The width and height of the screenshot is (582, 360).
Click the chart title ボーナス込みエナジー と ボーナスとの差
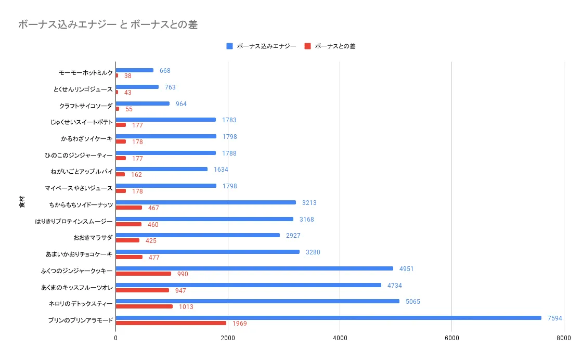[x=108, y=24]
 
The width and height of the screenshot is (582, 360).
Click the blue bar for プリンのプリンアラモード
[x=328, y=318]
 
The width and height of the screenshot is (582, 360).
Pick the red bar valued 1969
[x=171, y=323]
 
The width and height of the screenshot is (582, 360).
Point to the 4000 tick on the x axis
[x=340, y=338]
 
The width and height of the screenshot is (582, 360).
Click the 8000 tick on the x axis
[x=563, y=338]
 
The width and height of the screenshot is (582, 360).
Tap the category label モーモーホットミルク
[x=86, y=73]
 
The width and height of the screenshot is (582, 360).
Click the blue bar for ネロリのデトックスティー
[x=257, y=301]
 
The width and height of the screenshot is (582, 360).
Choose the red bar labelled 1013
[x=144, y=306]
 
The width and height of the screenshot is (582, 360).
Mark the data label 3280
[x=313, y=252]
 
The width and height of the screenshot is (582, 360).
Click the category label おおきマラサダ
[x=93, y=238]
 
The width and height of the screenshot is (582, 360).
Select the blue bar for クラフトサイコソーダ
[x=143, y=104]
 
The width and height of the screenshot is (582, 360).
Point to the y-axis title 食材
[x=21, y=202]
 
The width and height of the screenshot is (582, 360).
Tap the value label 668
[x=165, y=71]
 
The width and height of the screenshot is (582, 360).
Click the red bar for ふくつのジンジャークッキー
[x=143, y=274]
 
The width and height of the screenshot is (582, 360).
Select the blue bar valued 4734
[x=249, y=285]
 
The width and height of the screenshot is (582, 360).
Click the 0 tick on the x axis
[x=115, y=338]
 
